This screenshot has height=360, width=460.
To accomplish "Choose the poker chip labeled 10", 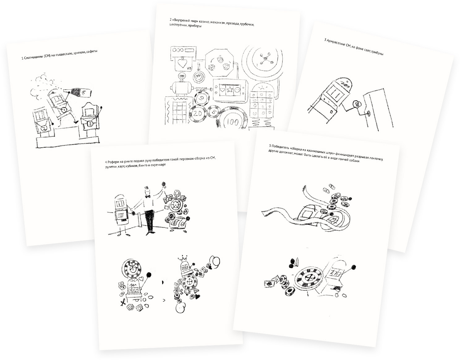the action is click(x=202, y=98).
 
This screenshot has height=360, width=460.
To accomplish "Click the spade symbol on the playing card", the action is click(x=182, y=63).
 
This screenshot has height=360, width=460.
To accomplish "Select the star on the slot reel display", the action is click(x=230, y=90).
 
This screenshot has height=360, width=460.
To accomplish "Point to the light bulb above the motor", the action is click(x=181, y=76).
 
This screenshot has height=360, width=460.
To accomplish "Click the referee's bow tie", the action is click(x=147, y=197).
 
